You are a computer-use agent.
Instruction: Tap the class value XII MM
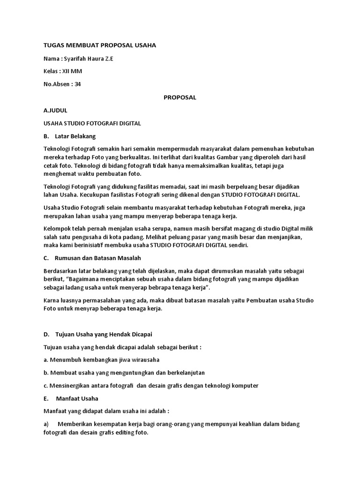pyautogui.click(x=73, y=71)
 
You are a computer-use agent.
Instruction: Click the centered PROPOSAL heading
pyautogui.click(x=180, y=97)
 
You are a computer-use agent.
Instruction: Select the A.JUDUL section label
pyautogui.click(x=55, y=110)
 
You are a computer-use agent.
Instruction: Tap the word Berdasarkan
pyautogui.click(x=62, y=270)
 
